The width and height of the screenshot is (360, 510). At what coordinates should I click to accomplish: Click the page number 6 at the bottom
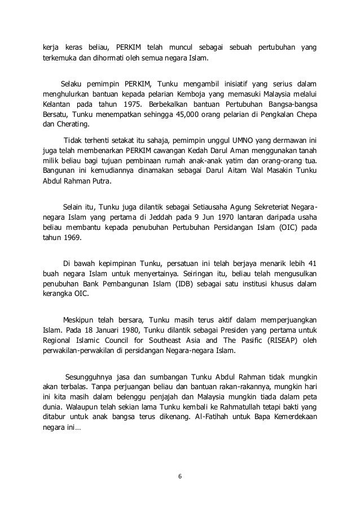[179, 474]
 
